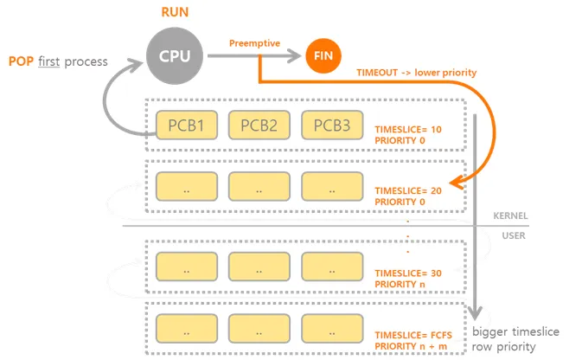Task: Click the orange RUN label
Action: click(x=176, y=12)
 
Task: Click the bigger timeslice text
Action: click(x=517, y=332)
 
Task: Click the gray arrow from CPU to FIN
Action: click(x=251, y=57)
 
